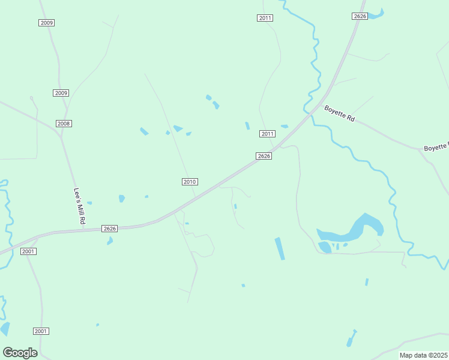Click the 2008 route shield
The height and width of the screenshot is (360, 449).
(64, 124)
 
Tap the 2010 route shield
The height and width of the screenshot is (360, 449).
(190, 182)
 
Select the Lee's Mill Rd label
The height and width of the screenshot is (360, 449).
(79, 206)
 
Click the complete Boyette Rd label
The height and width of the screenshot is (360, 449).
(340, 113)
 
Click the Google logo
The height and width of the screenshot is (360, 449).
(20, 353)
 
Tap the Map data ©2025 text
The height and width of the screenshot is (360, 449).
(423, 355)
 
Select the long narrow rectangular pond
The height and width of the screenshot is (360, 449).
(280, 248)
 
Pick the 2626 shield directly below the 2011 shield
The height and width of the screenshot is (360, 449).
(264, 156)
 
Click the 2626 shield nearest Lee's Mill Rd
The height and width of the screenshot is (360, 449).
(109, 229)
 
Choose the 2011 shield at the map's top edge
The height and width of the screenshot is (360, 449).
(265, 18)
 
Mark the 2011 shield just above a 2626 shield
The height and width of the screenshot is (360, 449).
(267, 134)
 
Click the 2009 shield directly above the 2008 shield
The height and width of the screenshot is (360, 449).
(61, 93)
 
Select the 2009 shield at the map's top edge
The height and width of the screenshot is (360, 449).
(47, 23)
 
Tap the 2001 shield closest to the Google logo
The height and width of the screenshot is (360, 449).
(41, 331)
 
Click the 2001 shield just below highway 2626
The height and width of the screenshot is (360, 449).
(28, 251)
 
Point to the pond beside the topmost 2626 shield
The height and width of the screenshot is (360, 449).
(376, 14)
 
